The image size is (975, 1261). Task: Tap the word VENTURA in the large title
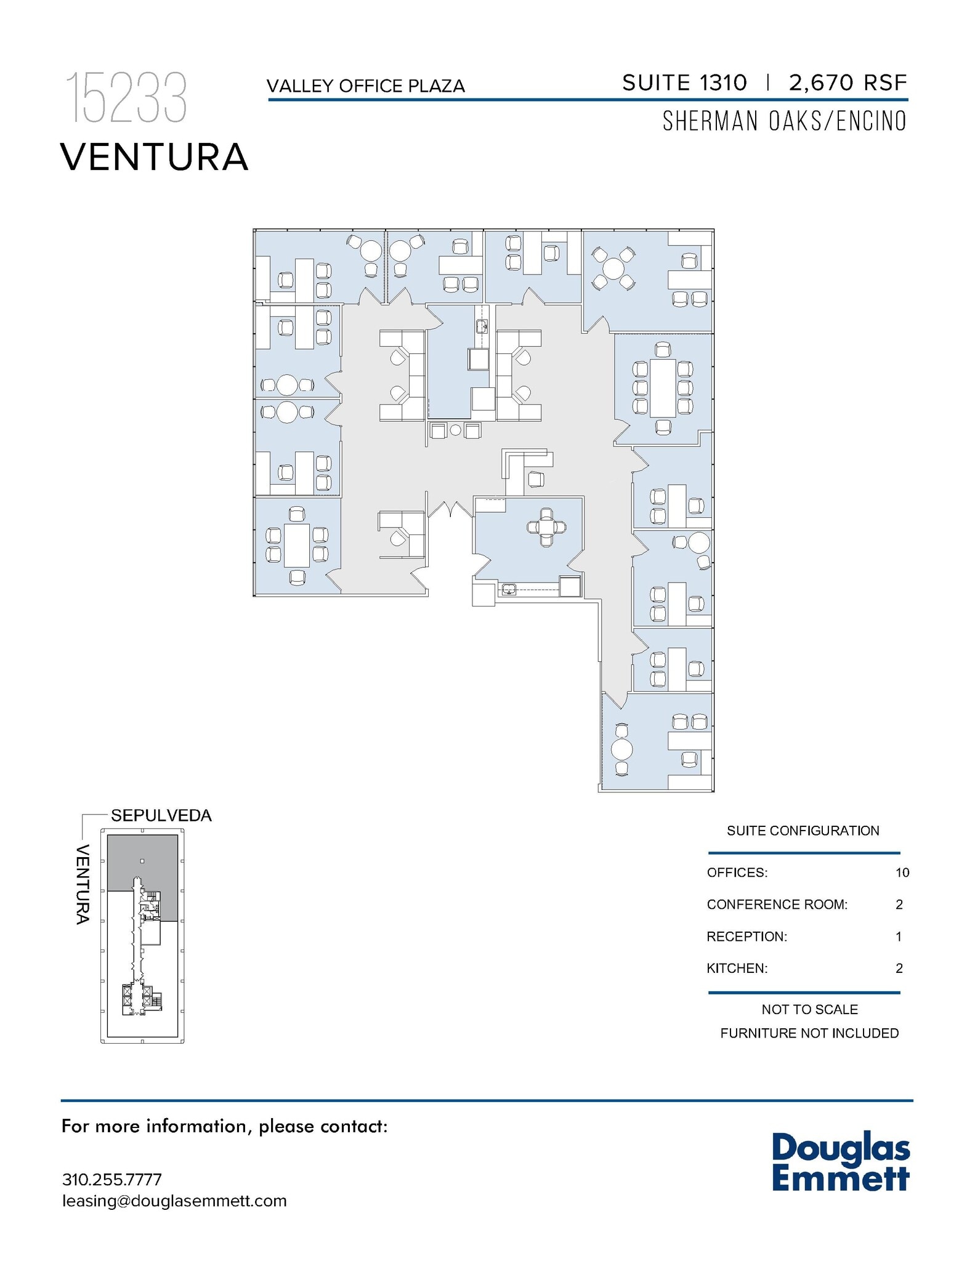pyautogui.click(x=154, y=157)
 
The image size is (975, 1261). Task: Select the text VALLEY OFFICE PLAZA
pyautogui.click(x=365, y=86)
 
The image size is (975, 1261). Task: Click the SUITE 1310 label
pyautogui.click(x=684, y=83)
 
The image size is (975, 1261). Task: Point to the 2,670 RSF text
pyautogui.click(x=848, y=83)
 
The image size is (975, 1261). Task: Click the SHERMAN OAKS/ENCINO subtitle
pyautogui.click(x=784, y=121)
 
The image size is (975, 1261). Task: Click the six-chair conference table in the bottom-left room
pyautogui.click(x=296, y=545)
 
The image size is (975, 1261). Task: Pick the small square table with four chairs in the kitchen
pyautogui.click(x=546, y=527)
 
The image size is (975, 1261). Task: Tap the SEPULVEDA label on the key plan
pyautogui.click(x=161, y=815)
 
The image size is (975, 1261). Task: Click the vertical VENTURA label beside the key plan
pyautogui.click(x=83, y=884)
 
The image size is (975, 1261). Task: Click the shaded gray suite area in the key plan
pyautogui.click(x=142, y=859)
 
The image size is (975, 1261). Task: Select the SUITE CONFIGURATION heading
pyautogui.click(x=803, y=831)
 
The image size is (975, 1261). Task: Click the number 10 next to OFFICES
pyautogui.click(x=902, y=872)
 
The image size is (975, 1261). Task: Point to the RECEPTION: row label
pyautogui.click(x=746, y=937)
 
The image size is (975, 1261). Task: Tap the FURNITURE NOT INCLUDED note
pyautogui.click(x=809, y=1033)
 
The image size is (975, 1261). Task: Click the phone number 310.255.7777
pyautogui.click(x=111, y=1180)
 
